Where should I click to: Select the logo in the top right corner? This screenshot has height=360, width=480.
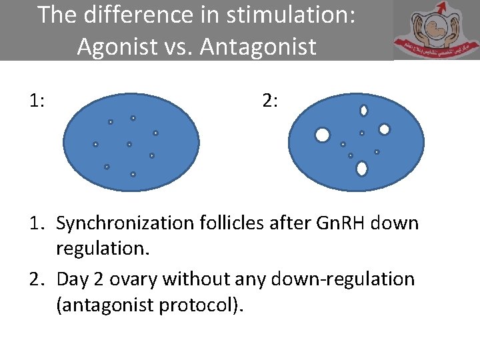[436, 31]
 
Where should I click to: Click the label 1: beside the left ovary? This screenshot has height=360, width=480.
[37, 101]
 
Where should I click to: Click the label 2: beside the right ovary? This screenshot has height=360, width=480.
[271, 101]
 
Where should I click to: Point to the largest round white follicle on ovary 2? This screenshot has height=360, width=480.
[323, 135]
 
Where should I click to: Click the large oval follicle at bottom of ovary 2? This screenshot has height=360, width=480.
[362, 169]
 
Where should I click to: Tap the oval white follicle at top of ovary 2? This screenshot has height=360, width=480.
[364, 111]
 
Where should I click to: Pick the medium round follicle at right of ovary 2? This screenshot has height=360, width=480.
[384, 129]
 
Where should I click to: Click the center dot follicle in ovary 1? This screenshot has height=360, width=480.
[129, 144]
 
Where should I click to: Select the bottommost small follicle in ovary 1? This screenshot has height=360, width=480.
[133, 174]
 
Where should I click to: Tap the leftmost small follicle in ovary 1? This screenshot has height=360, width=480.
[95, 144]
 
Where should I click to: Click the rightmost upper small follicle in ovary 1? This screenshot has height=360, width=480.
[155, 133]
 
